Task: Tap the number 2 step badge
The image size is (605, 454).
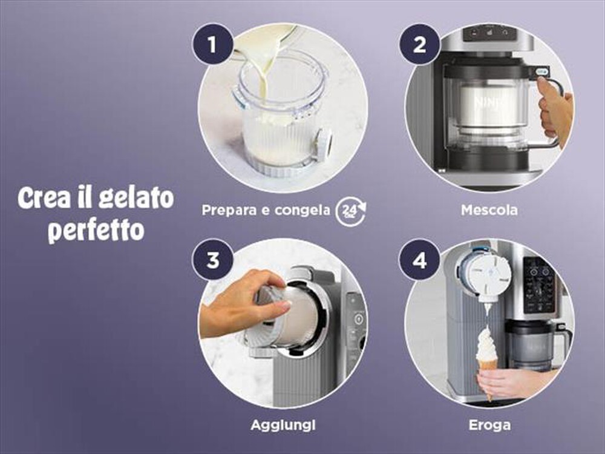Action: pos(419,45)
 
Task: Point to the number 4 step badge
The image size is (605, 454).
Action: pos(419,260)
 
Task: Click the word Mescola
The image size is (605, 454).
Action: pos(489,211)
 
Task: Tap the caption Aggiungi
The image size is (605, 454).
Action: pos(283,425)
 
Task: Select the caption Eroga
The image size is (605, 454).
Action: pos(489,425)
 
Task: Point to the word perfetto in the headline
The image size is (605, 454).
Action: pos(96,230)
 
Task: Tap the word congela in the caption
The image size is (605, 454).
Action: pos(300,211)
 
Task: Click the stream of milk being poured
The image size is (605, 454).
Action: pos(263,73)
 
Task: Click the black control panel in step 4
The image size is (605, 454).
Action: pos(539,285)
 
